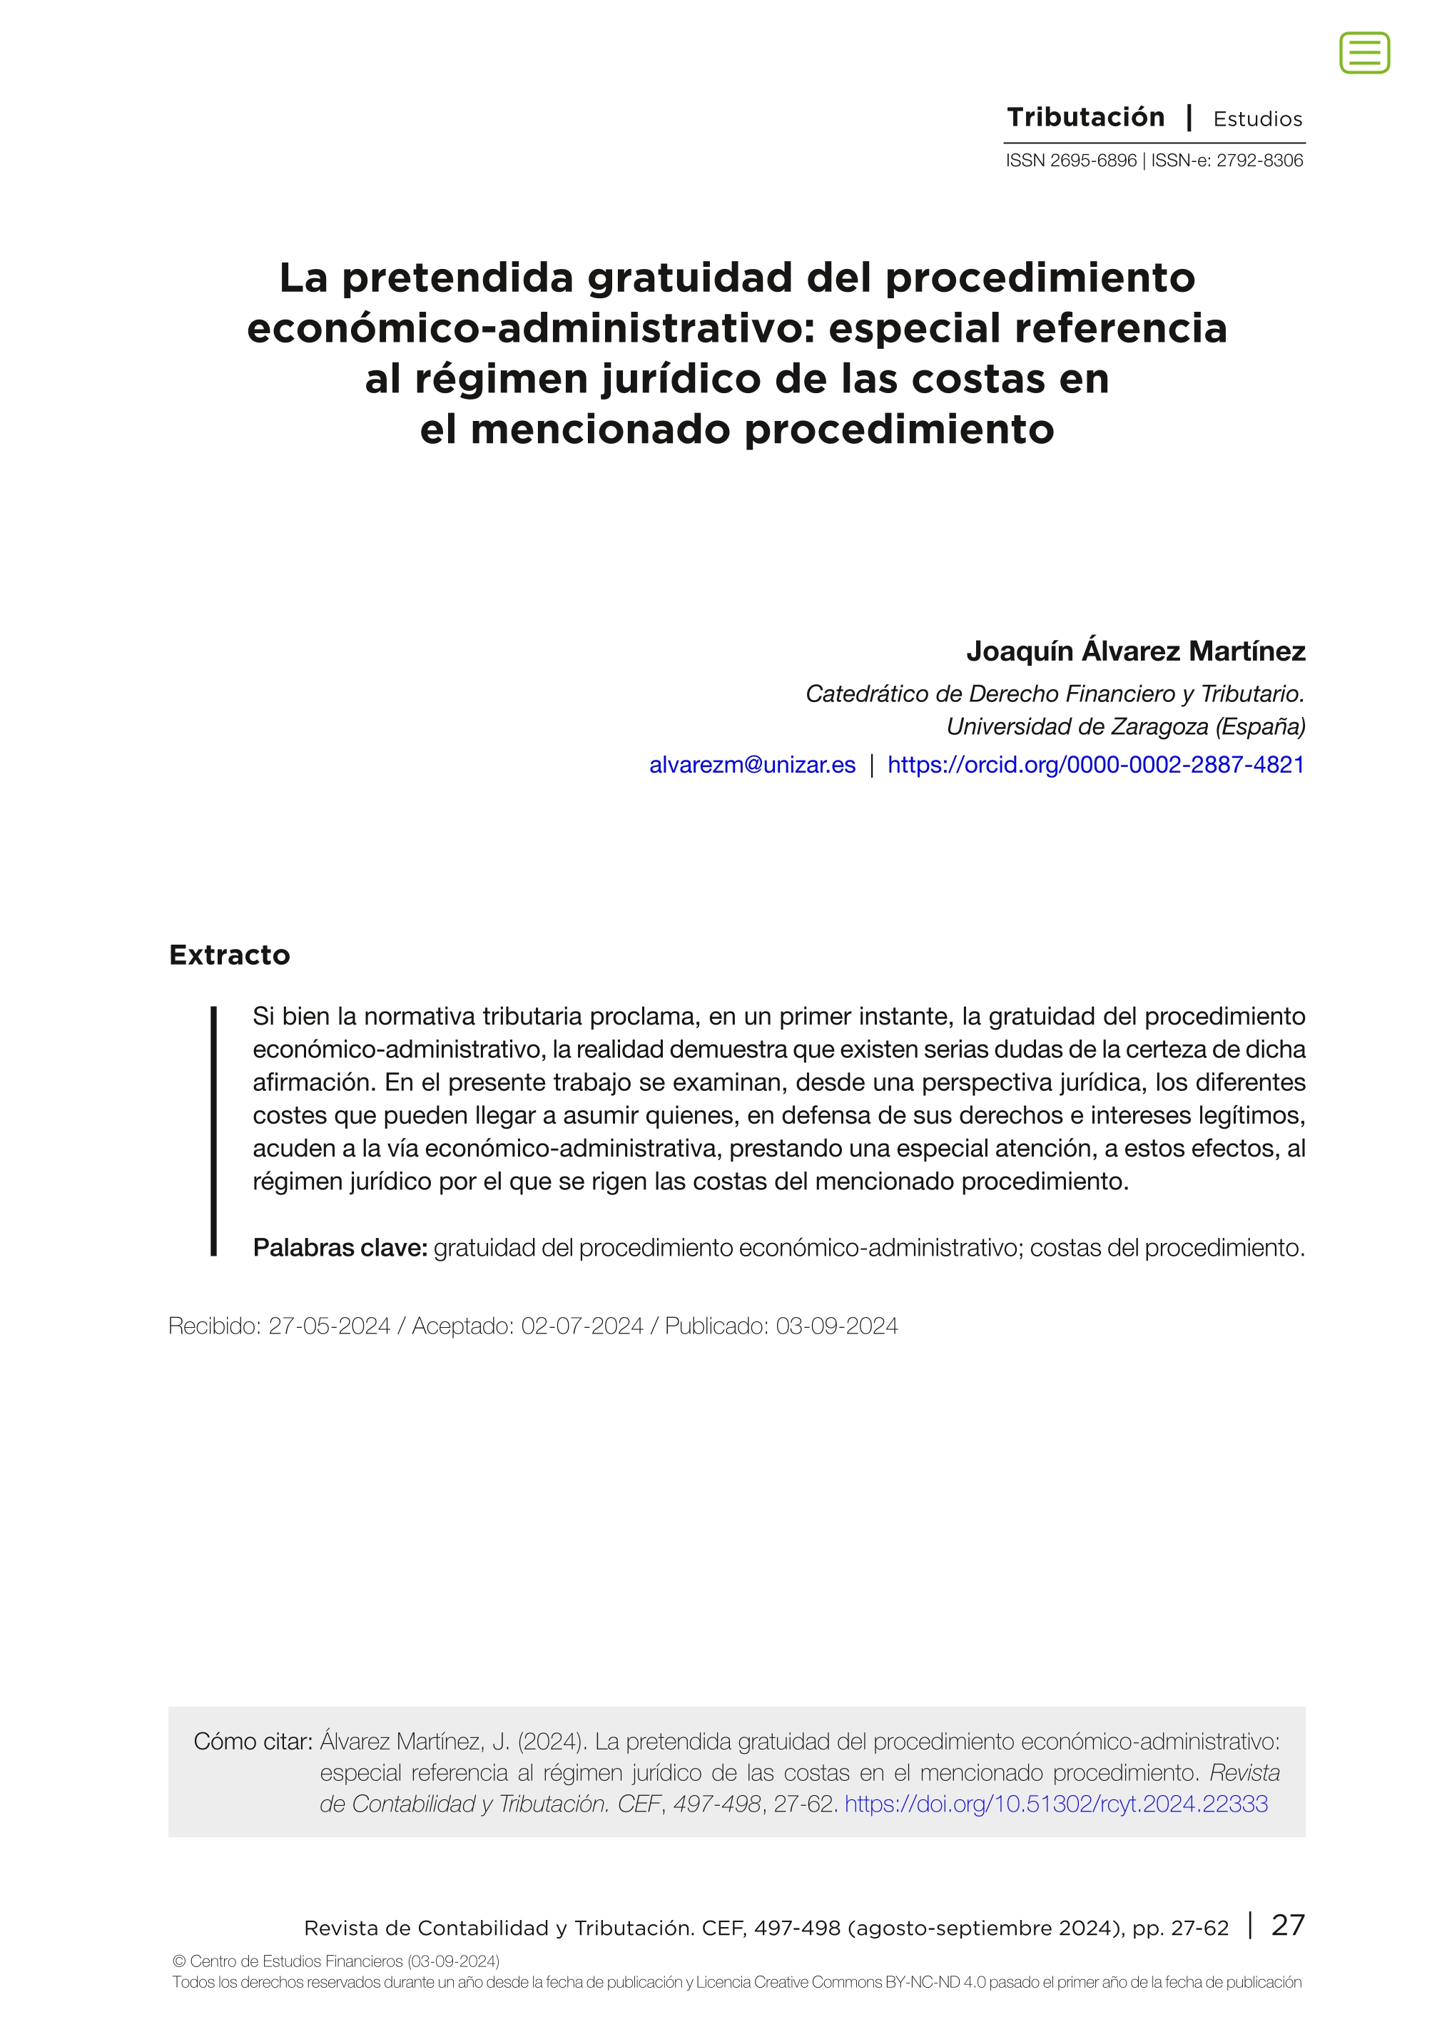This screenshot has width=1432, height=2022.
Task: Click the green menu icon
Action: [x=1364, y=53]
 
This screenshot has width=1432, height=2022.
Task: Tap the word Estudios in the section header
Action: [x=1257, y=119]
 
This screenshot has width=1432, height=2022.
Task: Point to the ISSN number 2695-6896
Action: [x=1092, y=161]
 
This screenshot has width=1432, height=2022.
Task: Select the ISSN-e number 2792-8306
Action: [x=1259, y=161]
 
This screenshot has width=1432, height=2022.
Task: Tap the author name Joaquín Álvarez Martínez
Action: [x=1135, y=651]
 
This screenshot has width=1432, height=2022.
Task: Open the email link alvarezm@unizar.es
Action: [x=752, y=765]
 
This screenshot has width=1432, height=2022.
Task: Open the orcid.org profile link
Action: [x=1095, y=765]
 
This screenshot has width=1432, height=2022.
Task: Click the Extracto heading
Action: [x=229, y=955]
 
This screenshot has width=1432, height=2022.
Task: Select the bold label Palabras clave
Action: [x=340, y=1248]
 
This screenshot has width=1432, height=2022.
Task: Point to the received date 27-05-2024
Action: [x=329, y=1326]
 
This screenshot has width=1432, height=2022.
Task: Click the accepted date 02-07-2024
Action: [x=582, y=1326]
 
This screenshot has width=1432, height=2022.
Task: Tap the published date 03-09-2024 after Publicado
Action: [x=837, y=1326]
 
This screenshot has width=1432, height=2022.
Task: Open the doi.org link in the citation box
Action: [x=1055, y=1804]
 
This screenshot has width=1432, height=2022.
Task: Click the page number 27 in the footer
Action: [x=1287, y=1925]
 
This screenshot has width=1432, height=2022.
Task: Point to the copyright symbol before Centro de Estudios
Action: [x=179, y=1962]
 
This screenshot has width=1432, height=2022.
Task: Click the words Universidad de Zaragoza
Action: [x=1077, y=726]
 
